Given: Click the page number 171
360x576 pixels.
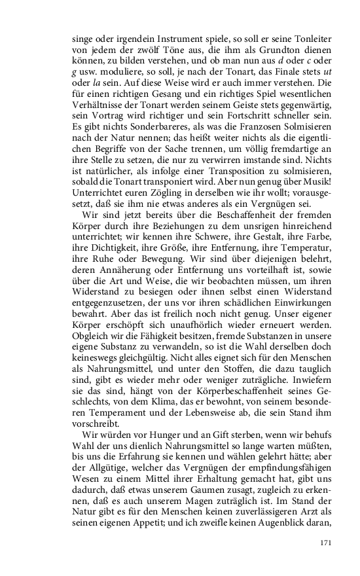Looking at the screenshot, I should (327, 542).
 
